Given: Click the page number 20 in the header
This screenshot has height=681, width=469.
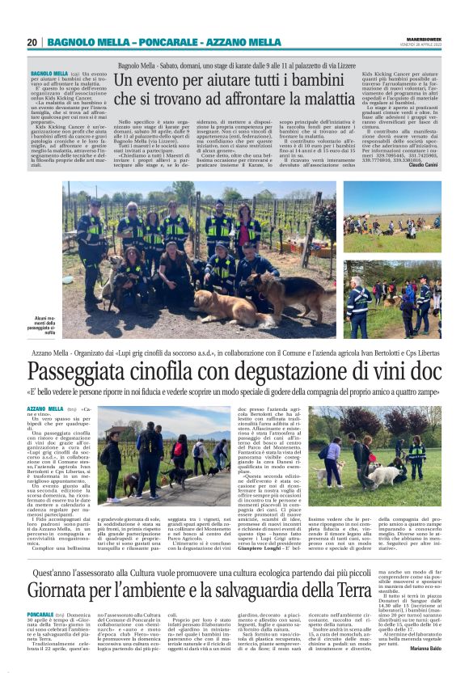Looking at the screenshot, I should [32, 42].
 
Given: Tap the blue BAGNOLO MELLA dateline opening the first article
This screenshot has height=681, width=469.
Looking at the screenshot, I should [49, 72].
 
